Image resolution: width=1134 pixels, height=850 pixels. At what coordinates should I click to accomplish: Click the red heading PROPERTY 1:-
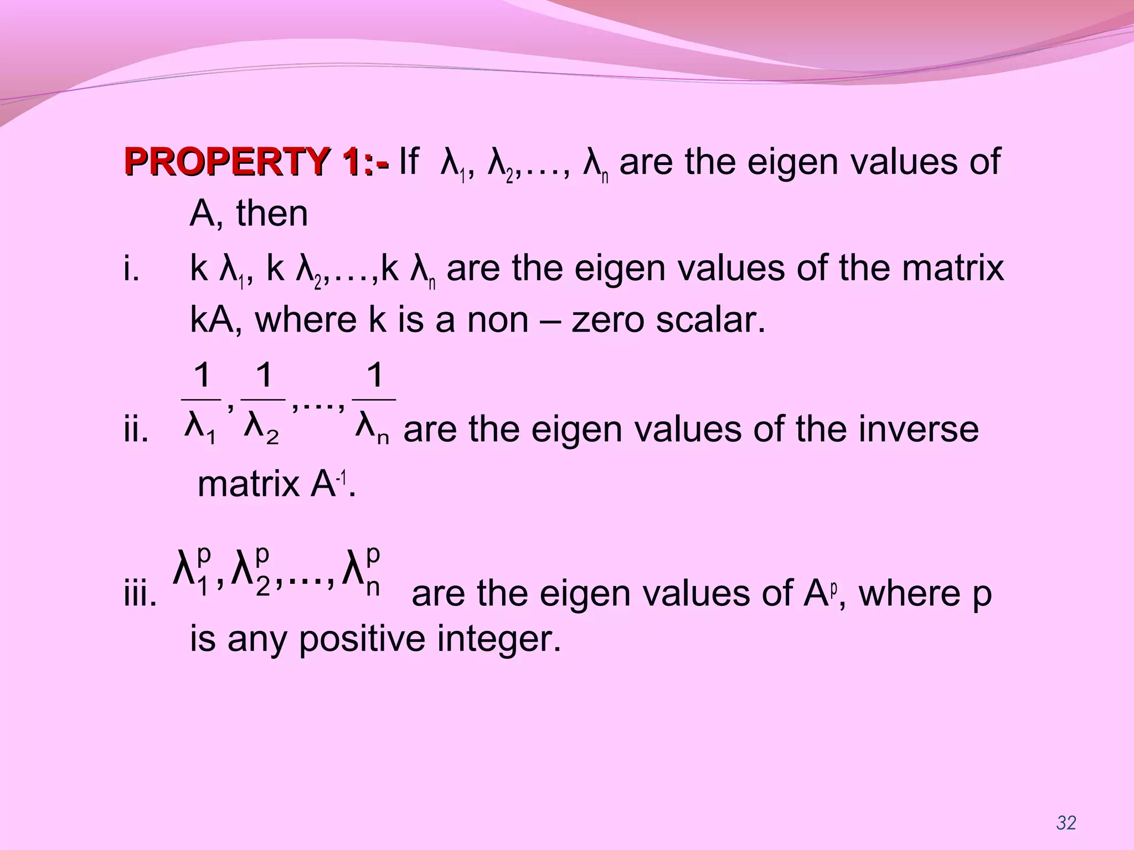point(257,162)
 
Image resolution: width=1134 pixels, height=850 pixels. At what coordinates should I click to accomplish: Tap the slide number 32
point(1066,823)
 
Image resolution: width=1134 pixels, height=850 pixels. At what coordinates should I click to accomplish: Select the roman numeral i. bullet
point(131,269)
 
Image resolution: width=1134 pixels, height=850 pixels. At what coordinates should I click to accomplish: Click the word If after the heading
point(409,162)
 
